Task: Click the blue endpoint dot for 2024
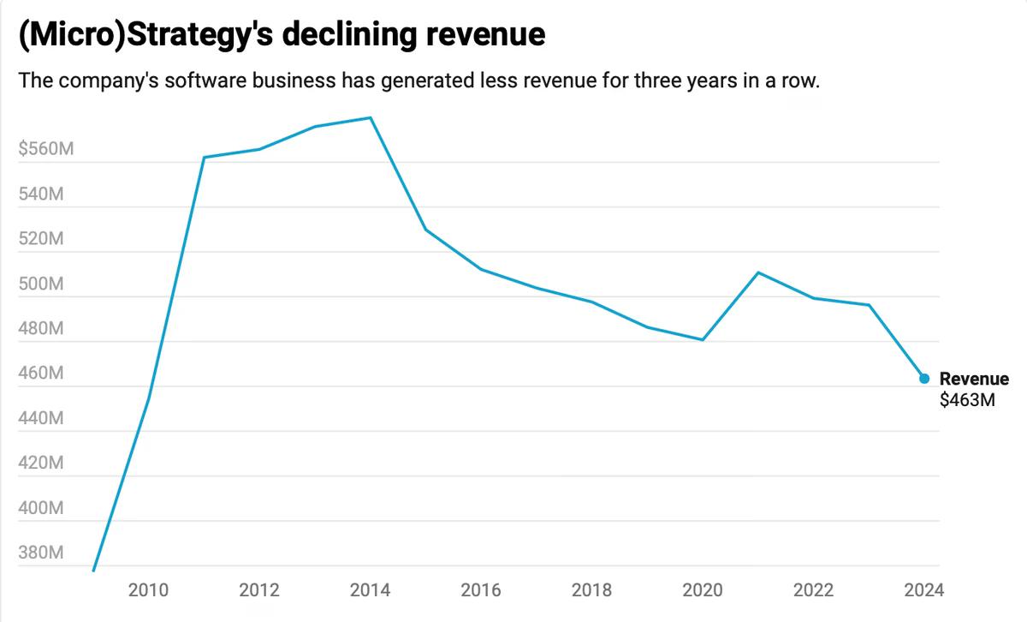pyautogui.click(x=924, y=378)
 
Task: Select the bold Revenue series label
pyautogui.click(x=974, y=379)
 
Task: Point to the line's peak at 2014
pyautogui.click(x=371, y=118)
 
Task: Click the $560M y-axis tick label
pyautogui.click(x=46, y=150)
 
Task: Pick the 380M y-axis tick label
pyautogui.click(x=40, y=553)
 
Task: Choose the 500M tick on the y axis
pyautogui.click(x=40, y=284)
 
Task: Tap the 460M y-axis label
pyautogui.click(x=40, y=374)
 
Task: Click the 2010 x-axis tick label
pyautogui.click(x=148, y=589)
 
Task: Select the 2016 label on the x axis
pyautogui.click(x=481, y=589)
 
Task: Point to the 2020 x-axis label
pyautogui.click(x=703, y=589)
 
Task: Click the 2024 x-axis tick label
pyautogui.click(x=923, y=589)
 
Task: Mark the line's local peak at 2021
pyautogui.click(x=758, y=272)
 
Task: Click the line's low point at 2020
pyautogui.click(x=703, y=340)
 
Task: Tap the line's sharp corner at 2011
pyautogui.click(x=205, y=158)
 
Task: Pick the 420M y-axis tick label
pyautogui.click(x=40, y=464)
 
